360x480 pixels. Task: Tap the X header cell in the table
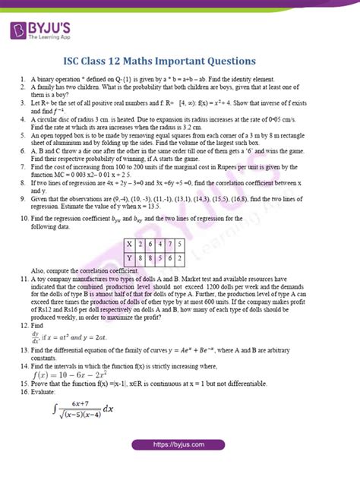pos(131,244)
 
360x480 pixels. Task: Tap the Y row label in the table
pos(131,257)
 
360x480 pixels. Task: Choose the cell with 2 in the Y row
pos(204,257)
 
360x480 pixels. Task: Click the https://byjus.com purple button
pos(180,466)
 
